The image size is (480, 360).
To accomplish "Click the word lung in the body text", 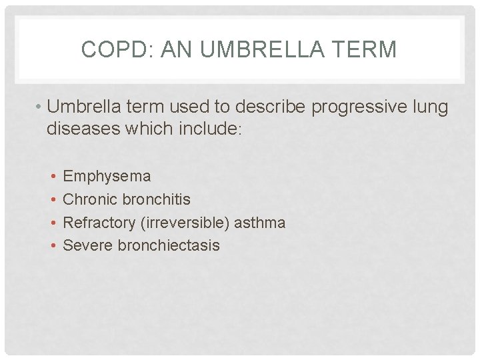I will [430, 107].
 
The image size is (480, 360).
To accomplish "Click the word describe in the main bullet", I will [253, 107].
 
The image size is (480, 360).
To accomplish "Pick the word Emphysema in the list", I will [107, 177].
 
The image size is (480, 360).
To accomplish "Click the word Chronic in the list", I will [88, 199].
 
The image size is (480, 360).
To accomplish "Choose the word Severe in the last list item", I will [88, 245].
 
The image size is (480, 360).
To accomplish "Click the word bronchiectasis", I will [169, 245].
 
